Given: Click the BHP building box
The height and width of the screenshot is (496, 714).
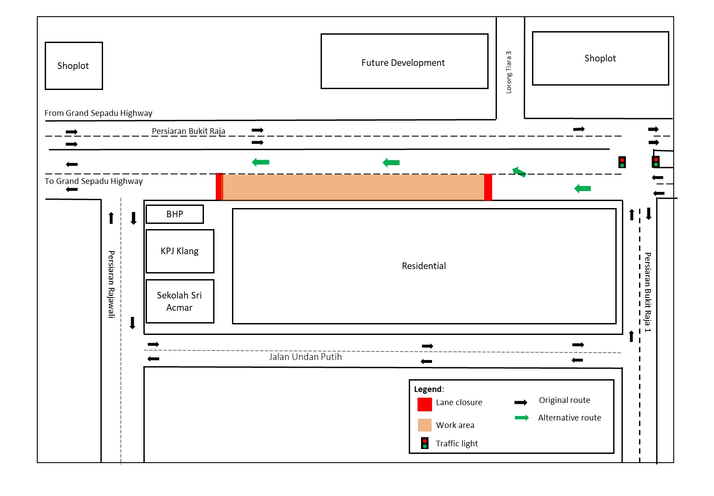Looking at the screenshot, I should [x=175, y=214].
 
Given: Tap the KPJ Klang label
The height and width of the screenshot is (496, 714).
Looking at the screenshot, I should [x=179, y=251].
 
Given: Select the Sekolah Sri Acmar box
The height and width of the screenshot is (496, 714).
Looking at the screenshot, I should [x=180, y=301].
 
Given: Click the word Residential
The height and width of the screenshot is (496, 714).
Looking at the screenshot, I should [x=424, y=266].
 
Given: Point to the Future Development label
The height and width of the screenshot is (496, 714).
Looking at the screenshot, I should [x=403, y=63].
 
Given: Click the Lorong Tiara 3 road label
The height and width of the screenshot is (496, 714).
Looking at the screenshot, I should [x=509, y=72].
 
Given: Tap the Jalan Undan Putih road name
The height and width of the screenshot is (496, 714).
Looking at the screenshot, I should [x=305, y=357].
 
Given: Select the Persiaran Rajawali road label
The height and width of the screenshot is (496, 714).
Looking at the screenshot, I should [x=111, y=284].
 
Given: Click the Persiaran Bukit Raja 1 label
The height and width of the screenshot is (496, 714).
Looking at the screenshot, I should [x=647, y=292].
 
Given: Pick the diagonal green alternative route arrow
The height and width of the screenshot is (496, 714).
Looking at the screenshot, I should [x=519, y=172].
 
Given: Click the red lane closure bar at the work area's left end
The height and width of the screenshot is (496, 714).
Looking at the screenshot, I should [x=219, y=187].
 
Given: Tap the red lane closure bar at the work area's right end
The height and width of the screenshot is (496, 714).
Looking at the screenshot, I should [x=488, y=187].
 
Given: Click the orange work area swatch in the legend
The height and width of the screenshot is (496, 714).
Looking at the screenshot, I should [x=425, y=425].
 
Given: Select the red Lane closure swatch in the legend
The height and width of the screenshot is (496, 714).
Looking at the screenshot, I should [x=425, y=404].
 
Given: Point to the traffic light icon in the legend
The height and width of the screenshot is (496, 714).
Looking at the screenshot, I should [x=425, y=443].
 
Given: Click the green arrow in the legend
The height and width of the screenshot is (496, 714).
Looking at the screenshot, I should [x=521, y=418].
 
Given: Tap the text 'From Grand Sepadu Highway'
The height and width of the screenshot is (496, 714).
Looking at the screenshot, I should [x=98, y=113].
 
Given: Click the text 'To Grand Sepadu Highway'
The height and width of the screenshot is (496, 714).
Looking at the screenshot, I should [x=93, y=181].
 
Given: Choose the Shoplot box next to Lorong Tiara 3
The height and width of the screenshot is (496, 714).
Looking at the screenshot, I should [x=600, y=58].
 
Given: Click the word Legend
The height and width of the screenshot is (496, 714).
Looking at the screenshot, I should [x=428, y=389].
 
